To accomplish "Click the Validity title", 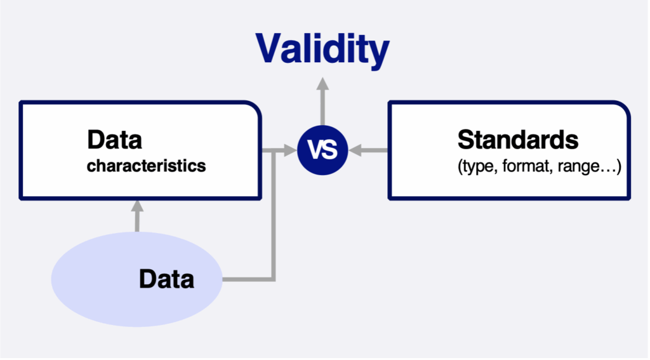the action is pyautogui.click(x=322, y=50).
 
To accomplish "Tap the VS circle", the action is pyautogui.click(x=322, y=150).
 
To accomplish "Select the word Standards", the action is pyautogui.click(x=518, y=140).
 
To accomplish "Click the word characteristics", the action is pyautogui.click(x=147, y=166).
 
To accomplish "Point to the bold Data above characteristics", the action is pyautogui.click(x=114, y=140).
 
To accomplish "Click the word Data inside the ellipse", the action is pyautogui.click(x=167, y=279).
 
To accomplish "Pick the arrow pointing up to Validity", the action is pyautogui.click(x=322, y=101).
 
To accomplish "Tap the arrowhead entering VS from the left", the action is pyautogui.click(x=290, y=150).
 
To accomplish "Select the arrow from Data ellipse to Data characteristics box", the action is pyautogui.click(x=137, y=216).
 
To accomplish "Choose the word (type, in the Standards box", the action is pyautogui.click(x=478, y=167).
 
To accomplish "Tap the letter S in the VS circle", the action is pyautogui.click(x=330, y=150).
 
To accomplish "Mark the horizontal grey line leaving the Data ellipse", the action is pyautogui.click(x=248, y=279).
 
